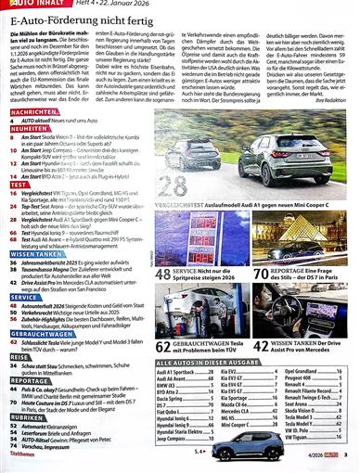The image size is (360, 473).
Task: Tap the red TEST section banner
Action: pyautogui.click(x=19, y=185)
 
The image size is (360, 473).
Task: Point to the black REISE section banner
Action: pyautogui.click(x=19, y=356)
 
